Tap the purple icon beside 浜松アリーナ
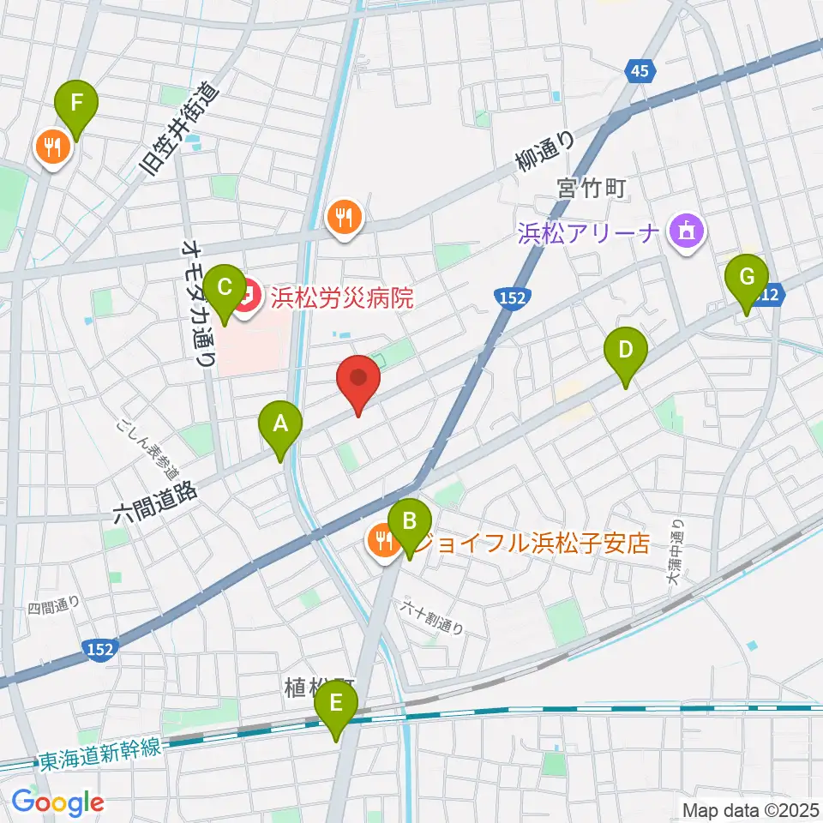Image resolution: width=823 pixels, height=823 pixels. (x=688, y=231)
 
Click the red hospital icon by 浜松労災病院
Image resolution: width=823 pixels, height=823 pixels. (x=246, y=298)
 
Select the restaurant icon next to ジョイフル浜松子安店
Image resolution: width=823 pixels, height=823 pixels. (x=381, y=540)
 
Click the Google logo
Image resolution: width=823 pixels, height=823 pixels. (x=57, y=802)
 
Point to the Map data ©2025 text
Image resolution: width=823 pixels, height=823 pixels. (x=750, y=808)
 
